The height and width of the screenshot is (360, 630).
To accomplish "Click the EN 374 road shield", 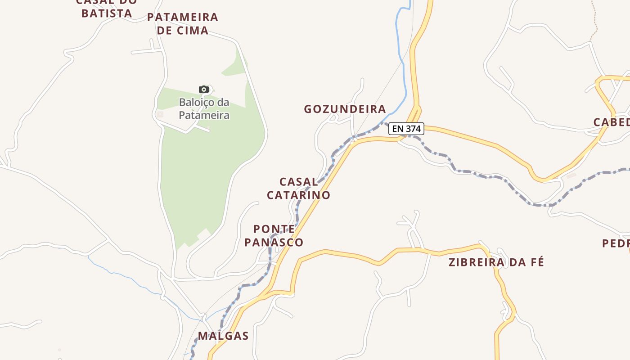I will (406, 129).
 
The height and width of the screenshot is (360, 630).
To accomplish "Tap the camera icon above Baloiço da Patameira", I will (204, 89).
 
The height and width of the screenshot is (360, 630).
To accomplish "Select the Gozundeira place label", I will (345, 109).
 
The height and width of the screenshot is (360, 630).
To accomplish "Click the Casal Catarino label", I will (298, 188).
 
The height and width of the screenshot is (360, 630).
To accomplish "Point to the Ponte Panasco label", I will (274, 235).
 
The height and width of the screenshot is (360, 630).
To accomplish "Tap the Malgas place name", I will (223, 336).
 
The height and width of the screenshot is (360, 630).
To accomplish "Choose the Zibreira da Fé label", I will (496, 262).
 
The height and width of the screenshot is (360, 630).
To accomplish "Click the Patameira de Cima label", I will (183, 24).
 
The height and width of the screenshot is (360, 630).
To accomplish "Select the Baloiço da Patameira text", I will (204, 109).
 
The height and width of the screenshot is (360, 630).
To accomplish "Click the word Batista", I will (107, 13).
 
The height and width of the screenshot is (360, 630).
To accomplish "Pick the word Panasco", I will (274, 242).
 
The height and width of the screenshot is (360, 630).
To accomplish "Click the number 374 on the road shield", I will (413, 129).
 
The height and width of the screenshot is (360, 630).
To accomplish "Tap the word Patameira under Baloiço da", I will (204, 115).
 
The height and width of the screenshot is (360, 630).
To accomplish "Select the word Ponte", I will (274, 229).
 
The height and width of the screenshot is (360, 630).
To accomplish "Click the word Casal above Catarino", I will (298, 182).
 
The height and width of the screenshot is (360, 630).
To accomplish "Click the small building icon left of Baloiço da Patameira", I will (160, 115).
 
